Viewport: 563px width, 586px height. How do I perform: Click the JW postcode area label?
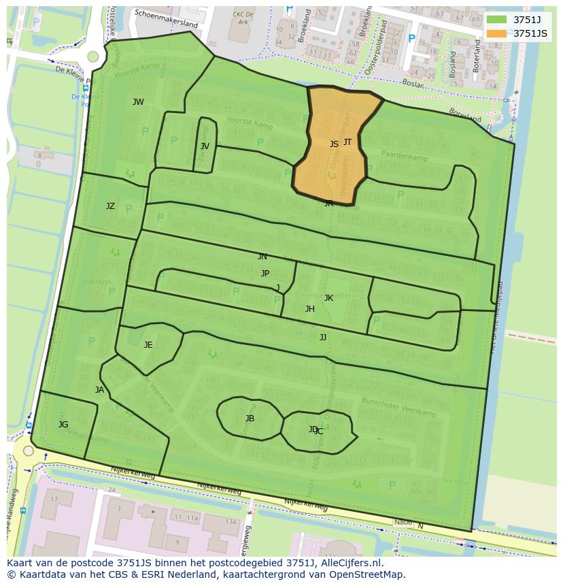[x=138, y=102]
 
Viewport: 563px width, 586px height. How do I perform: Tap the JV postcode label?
[x=205, y=146]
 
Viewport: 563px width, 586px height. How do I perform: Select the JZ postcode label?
[x=110, y=206]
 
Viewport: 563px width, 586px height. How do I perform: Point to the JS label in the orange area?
[x=334, y=144]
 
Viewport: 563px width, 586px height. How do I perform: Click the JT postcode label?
[x=347, y=142]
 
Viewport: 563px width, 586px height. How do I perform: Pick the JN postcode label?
[x=262, y=257]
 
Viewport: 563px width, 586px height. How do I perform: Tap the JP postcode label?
[x=265, y=274]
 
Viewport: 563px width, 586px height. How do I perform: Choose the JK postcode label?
[x=328, y=298]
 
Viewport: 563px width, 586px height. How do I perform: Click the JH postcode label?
[x=310, y=309]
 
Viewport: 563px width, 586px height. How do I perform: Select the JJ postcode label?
[x=323, y=337]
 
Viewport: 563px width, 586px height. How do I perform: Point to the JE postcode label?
[x=148, y=345]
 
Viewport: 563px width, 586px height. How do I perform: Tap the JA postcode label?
[x=100, y=390]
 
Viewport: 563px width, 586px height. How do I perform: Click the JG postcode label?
[x=63, y=425]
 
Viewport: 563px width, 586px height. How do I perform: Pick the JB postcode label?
[x=250, y=419]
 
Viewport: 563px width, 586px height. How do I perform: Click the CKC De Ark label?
[x=243, y=17]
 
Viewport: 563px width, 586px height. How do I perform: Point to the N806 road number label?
[x=403, y=523]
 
